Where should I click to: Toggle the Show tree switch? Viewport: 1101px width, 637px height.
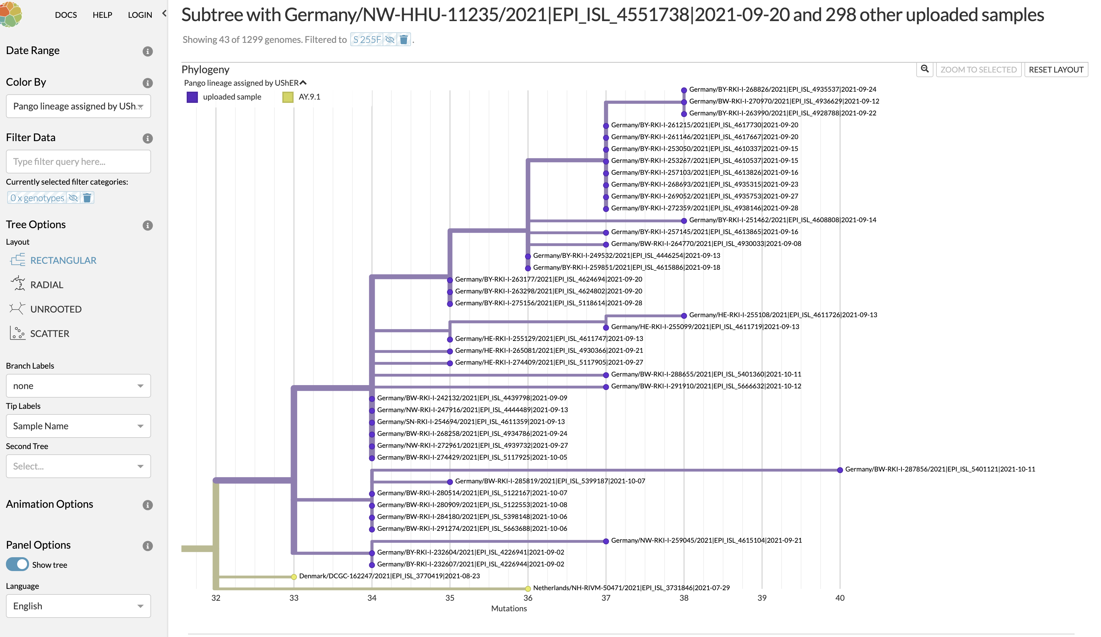pyautogui.click(x=17, y=564)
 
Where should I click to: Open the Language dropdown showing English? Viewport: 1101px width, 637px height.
pyautogui.click(x=78, y=606)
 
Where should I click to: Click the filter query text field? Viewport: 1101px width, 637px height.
pyautogui.click(x=78, y=162)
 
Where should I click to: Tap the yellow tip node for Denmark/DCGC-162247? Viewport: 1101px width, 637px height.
pyautogui.click(x=294, y=577)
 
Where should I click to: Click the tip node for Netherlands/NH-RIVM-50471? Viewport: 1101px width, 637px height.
pyautogui.click(x=528, y=589)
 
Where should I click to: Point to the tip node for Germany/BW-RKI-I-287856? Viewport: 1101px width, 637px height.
pyautogui.click(x=840, y=470)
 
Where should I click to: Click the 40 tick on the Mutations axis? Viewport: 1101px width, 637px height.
pyautogui.click(x=840, y=598)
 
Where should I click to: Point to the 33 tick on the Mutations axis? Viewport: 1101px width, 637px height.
pyautogui.click(x=294, y=598)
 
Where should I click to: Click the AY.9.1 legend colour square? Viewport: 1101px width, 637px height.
pyautogui.click(x=288, y=97)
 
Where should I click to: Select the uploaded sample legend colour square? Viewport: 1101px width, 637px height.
pyautogui.click(x=192, y=97)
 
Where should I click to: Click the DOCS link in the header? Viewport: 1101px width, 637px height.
pyautogui.click(x=66, y=15)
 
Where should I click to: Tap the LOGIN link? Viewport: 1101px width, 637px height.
pyautogui.click(x=140, y=15)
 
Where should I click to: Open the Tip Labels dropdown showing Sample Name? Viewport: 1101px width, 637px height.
pyautogui.click(x=78, y=426)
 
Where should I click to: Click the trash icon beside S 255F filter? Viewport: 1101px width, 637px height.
pyautogui.click(x=404, y=40)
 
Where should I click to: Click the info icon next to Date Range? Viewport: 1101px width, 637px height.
pyautogui.click(x=148, y=51)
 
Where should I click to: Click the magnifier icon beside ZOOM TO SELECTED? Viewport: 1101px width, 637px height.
pyautogui.click(x=925, y=69)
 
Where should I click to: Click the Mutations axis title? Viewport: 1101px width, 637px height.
pyautogui.click(x=509, y=609)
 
